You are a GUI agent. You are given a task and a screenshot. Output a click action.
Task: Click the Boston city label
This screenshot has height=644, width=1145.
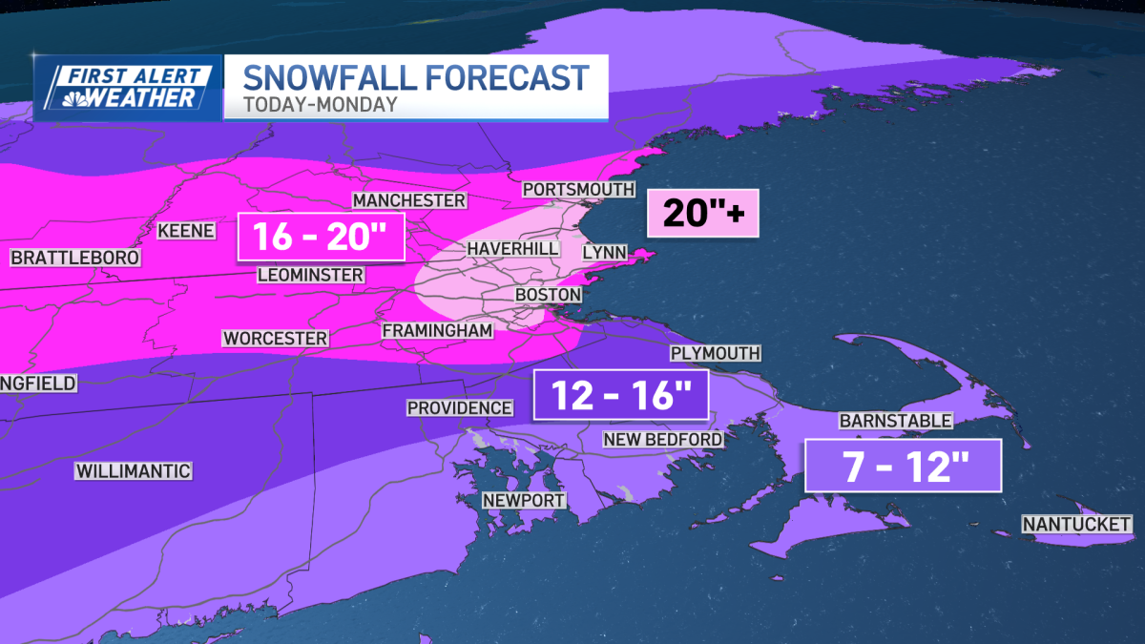click(548, 295)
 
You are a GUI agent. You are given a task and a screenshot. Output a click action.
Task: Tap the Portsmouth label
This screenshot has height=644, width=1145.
click(578, 189)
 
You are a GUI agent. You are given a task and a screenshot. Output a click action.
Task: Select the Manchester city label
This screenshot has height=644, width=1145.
click(408, 200)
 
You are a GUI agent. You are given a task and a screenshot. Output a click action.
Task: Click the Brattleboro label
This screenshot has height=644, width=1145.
click(75, 258)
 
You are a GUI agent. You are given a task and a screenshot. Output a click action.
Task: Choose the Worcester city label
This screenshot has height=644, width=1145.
click(275, 339)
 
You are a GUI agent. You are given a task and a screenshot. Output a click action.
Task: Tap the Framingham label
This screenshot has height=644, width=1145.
click(437, 330)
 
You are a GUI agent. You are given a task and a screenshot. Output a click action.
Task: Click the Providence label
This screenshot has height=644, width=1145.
click(460, 407)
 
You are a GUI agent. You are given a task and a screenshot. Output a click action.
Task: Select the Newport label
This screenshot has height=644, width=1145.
click(524, 500)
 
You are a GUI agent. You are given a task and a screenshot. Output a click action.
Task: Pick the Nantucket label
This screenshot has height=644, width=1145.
click(1076, 524)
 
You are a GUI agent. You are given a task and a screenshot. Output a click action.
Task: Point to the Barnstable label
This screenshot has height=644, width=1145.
click(894, 421)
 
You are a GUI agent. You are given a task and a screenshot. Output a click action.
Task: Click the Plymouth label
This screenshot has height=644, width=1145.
click(715, 353)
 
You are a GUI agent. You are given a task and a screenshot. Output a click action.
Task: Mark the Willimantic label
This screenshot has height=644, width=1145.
click(134, 471)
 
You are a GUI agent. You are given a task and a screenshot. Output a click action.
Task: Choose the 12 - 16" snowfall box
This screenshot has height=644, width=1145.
click(620, 394)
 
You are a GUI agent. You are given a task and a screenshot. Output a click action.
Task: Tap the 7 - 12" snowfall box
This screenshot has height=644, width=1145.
click(903, 466)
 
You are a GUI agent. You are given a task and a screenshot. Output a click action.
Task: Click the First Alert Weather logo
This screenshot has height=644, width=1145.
click(128, 87)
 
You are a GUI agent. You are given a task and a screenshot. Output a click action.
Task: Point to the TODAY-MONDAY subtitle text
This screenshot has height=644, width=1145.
click(320, 104)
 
